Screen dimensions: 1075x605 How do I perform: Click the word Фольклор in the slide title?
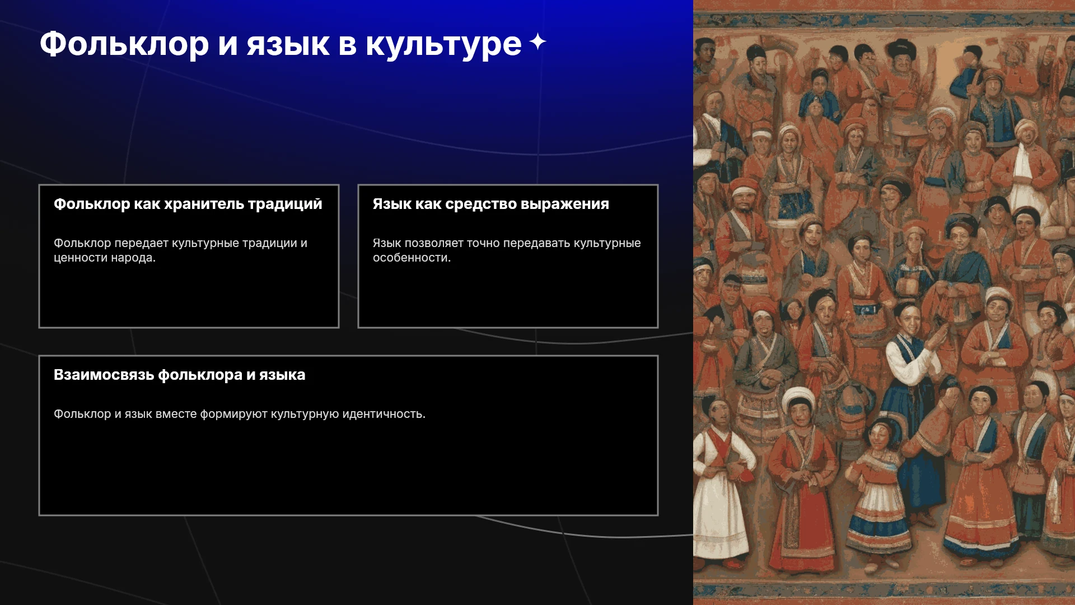click(x=124, y=44)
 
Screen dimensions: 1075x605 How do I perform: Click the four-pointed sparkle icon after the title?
click(x=537, y=41)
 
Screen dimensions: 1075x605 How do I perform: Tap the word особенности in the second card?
click(x=412, y=258)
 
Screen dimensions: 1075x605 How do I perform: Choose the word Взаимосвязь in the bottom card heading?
click(x=104, y=375)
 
